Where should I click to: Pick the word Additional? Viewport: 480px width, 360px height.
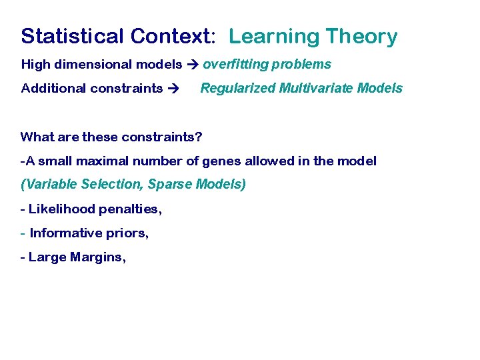49,88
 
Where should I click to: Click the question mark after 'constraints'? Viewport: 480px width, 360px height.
199,137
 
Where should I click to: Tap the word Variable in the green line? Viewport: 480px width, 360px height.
47,184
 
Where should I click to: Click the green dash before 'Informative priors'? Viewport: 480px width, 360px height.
23,233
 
